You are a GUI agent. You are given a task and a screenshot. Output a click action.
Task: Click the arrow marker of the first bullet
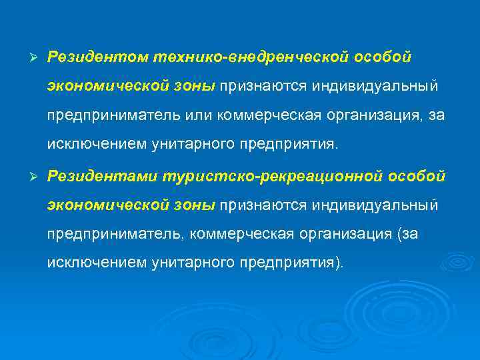click(x=27, y=58)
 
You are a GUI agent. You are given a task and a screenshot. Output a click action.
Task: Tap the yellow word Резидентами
click(x=99, y=175)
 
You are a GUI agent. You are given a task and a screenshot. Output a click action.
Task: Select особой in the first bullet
click(x=384, y=57)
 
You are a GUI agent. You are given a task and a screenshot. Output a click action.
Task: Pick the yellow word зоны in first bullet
click(x=195, y=87)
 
